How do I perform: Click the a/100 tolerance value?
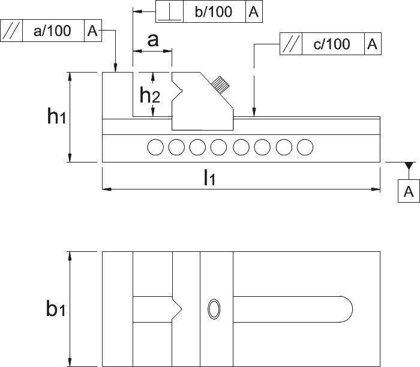point(53,31)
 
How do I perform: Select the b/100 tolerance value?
point(214,12)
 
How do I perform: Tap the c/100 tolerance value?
point(332,44)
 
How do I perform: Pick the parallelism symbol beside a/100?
point(11,31)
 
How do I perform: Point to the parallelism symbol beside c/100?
point(290,44)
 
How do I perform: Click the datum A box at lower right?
point(409,191)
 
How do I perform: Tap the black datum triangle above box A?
point(409,166)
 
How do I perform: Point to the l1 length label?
point(209,178)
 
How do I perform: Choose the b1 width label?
point(55,309)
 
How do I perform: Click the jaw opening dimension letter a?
point(153,40)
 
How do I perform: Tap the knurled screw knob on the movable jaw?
point(220,85)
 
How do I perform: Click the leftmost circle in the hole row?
point(155,148)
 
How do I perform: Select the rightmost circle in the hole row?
point(305,148)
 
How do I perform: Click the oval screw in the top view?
point(214,309)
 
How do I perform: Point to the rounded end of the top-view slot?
point(352,309)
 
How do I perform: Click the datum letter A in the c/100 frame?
point(373,44)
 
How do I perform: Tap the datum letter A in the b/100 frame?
point(254,12)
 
